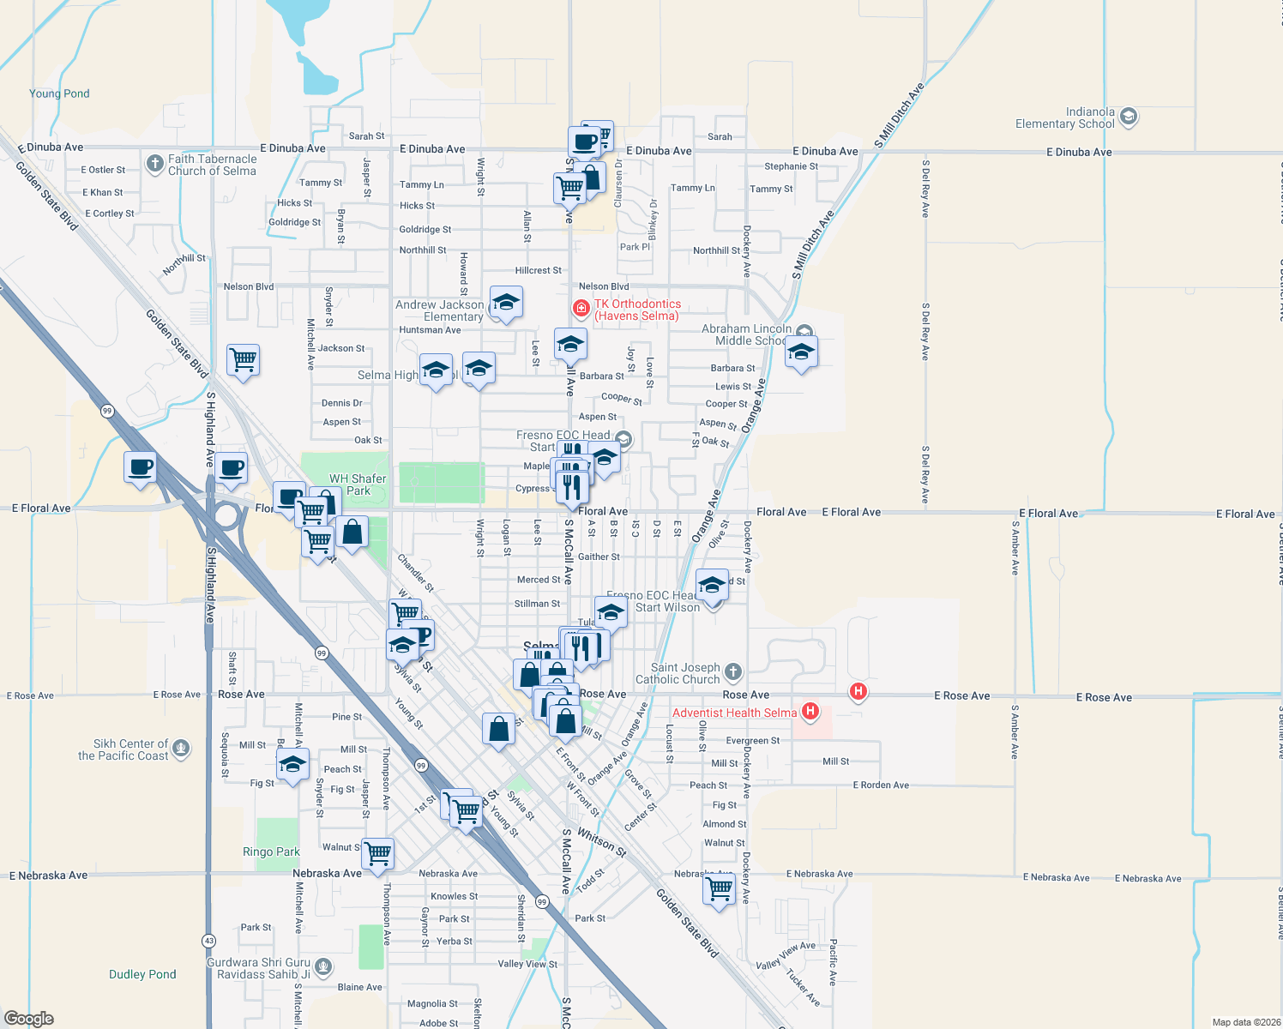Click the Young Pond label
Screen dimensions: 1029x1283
pos(59,93)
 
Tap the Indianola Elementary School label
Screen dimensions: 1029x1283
pos(1064,117)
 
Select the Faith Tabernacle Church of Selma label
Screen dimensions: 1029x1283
pos(212,165)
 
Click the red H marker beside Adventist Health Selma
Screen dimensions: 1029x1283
pos(810,712)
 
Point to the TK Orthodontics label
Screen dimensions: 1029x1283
pos(637,310)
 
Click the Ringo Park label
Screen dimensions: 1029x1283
pos(271,851)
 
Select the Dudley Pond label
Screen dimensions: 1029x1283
pos(142,974)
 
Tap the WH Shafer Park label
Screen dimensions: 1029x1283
pos(358,484)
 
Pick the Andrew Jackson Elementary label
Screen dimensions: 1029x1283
pos(440,310)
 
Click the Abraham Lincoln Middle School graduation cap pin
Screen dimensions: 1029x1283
pos(801,352)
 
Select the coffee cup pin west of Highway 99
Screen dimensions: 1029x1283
pos(141,467)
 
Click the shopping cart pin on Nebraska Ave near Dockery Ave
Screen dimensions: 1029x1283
pos(719,888)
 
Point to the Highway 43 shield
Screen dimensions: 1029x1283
pos(208,941)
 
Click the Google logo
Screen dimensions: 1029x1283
pos(28,1019)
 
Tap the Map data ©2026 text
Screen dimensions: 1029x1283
pos(1246,1022)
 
